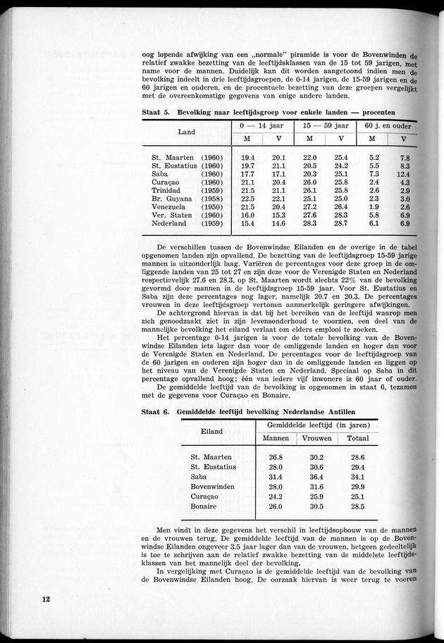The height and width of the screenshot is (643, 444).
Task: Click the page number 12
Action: click(46, 599)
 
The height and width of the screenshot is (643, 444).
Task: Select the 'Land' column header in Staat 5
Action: click(187, 132)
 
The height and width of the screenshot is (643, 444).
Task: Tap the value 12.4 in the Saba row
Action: click(403, 174)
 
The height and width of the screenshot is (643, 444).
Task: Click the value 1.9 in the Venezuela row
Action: click(374, 207)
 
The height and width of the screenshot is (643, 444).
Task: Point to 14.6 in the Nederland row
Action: click(278, 223)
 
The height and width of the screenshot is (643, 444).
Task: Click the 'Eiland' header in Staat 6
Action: click(213, 430)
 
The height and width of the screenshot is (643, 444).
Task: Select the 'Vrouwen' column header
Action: click(316, 438)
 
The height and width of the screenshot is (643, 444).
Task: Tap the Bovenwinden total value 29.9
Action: click(357, 486)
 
